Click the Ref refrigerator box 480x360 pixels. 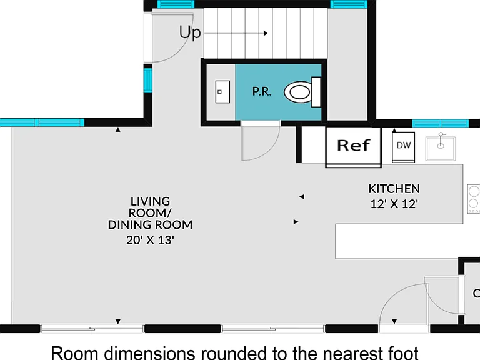click(x=354, y=147)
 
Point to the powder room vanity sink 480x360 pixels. click(x=222, y=91)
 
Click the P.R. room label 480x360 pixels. click(x=262, y=91)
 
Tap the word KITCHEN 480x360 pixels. click(x=394, y=189)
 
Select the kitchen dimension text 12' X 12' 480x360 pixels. click(x=394, y=204)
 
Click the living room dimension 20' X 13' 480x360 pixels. click(x=150, y=240)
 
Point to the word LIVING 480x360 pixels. click(x=150, y=201)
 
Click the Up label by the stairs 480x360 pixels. click(x=190, y=32)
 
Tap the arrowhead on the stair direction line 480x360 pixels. click(x=266, y=33)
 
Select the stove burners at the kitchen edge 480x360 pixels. click(x=474, y=199)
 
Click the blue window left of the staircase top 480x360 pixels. click(x=176, y=4)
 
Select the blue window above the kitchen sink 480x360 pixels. click(x=440, y=123)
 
